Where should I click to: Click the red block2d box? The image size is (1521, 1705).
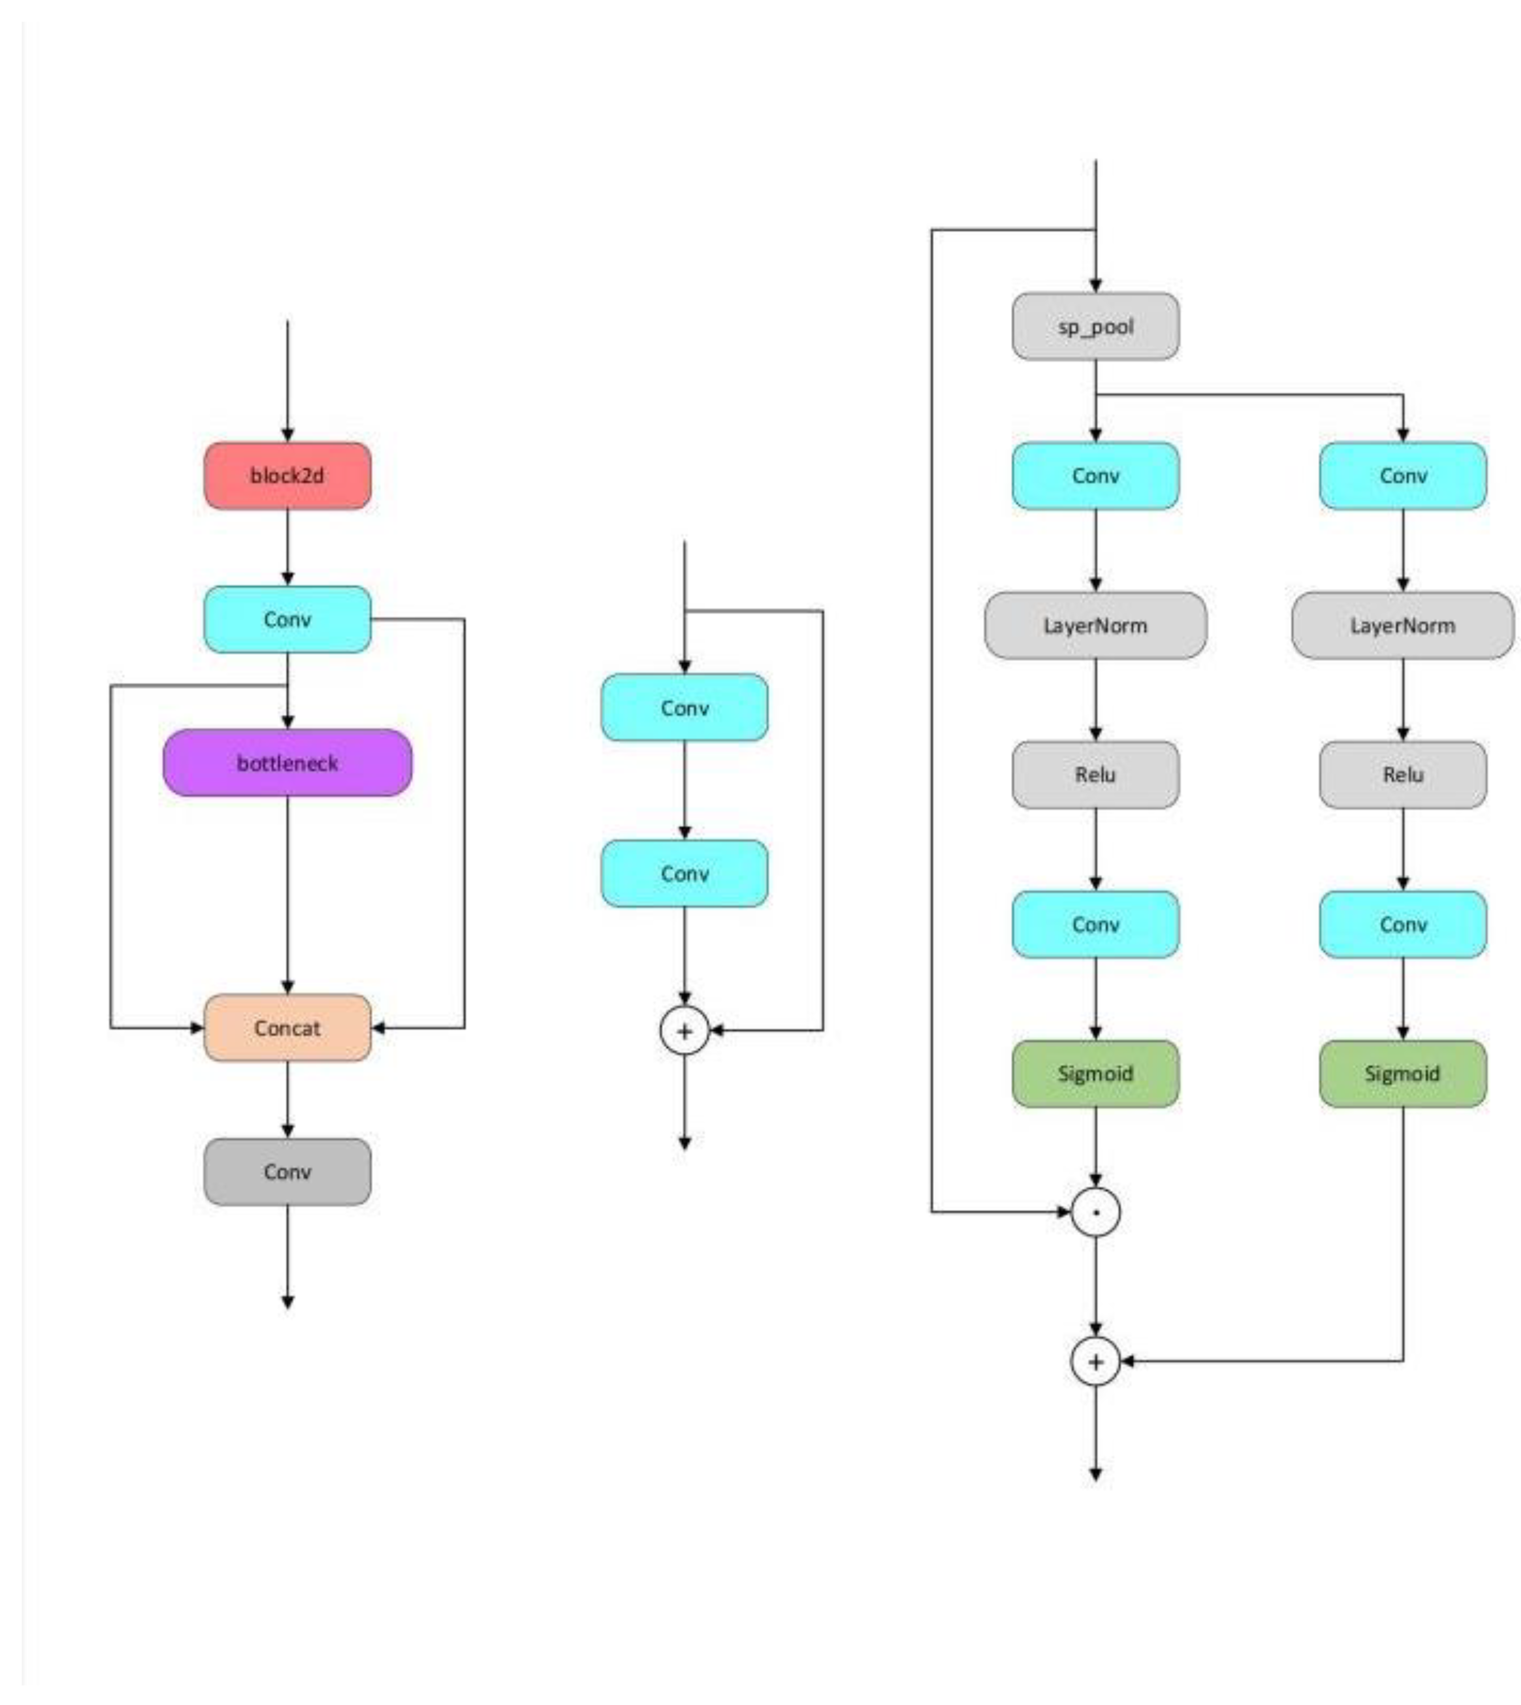pos(287,476)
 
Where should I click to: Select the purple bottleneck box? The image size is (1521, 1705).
pos(287,762)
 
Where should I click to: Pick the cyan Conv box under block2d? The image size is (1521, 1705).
pos(287,619)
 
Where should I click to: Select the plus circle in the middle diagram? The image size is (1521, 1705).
pos(684,1030)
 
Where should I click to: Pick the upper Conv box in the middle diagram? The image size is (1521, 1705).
pos(684,707)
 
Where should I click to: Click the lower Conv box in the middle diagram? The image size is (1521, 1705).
pos(684,874)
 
